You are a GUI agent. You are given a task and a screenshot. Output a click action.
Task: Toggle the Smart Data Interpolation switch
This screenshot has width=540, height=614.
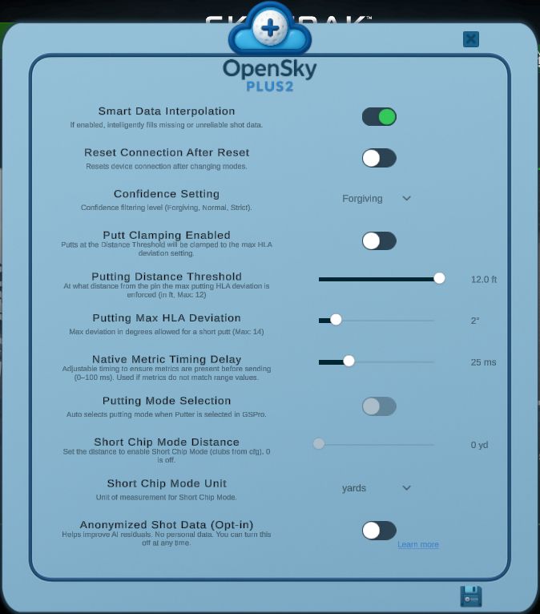pos(379,117)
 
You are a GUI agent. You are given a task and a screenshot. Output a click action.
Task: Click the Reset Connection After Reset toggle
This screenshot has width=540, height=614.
pos(379,158)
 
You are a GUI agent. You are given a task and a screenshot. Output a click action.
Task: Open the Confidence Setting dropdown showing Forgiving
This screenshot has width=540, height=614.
pos(377,198)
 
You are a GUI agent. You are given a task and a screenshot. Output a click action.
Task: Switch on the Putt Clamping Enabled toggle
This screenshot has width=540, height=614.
pos(379,240)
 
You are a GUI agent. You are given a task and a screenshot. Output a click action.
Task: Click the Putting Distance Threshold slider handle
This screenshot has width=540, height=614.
pos(439,278)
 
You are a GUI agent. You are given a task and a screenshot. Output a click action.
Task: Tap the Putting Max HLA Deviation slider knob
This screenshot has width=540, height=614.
pos(336,320)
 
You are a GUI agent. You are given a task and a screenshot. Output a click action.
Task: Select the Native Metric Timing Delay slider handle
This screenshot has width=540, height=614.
pos(349,362)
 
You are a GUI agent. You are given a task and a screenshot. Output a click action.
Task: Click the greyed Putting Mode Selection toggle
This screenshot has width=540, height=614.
pos(379,406)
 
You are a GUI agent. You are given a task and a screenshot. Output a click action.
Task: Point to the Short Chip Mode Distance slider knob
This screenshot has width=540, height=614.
pos(319,444)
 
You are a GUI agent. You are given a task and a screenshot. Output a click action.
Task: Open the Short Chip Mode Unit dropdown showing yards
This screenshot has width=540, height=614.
pos(377,488)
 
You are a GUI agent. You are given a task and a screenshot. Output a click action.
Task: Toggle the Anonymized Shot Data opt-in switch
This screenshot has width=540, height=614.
pos(379,530)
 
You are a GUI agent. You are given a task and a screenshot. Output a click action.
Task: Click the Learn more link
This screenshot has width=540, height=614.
pos(418,545)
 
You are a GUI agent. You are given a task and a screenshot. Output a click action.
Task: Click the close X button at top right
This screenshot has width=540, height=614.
pos(471,39)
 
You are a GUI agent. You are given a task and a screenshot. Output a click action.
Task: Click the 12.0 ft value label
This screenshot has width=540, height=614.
pos(484,280)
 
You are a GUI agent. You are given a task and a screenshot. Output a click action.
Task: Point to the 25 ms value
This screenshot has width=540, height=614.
pos(483,362)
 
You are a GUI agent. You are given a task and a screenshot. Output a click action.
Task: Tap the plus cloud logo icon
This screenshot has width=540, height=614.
pos(270,29)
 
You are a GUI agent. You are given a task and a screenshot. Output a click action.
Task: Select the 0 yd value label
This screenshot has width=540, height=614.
pos(479,445)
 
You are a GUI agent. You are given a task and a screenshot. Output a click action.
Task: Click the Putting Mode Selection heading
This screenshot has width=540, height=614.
pos(167,401)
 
